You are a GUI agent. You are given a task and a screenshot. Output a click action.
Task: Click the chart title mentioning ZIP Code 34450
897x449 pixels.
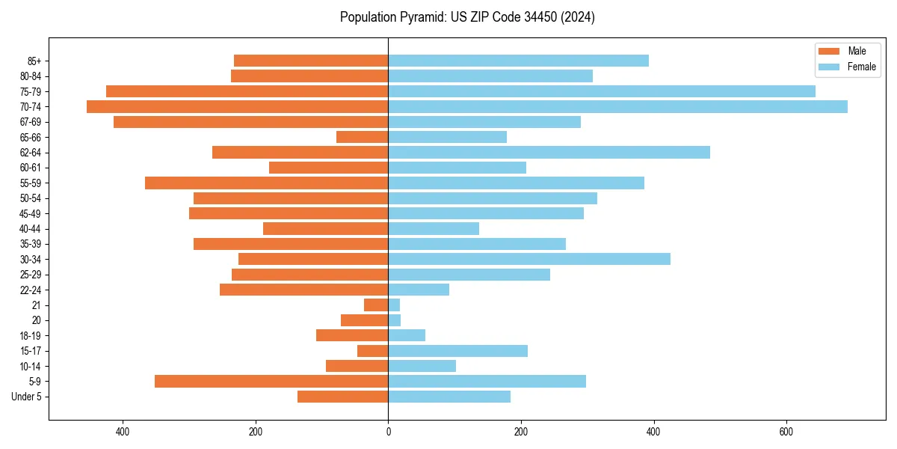click(467, 17)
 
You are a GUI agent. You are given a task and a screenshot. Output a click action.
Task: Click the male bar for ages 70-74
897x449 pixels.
click(238, 106)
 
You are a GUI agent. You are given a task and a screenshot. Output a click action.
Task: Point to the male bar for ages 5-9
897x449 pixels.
click(271, 381)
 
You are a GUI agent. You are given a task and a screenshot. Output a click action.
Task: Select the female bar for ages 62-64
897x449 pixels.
click(549, 152)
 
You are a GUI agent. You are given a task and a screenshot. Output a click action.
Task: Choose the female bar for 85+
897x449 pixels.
click(518, 61)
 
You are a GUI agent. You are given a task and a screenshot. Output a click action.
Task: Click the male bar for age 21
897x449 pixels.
click(376, 305)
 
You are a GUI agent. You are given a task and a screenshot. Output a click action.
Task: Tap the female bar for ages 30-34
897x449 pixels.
click(529, 259)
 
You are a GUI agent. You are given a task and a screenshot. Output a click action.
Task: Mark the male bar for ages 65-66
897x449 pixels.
click(363, 137)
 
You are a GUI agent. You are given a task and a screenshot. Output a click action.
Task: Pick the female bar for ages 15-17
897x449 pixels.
click(457, 350)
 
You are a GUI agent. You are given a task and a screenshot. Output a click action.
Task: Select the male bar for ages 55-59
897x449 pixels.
click(267, 183)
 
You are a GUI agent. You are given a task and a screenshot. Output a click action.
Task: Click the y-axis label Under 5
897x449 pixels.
click(26, 397)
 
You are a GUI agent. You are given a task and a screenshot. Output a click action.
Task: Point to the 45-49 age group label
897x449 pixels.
click(31, 213)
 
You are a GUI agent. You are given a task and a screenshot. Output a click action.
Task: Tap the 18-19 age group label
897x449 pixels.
click(31, 335)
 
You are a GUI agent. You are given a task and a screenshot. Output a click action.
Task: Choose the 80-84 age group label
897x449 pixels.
click(31, 76)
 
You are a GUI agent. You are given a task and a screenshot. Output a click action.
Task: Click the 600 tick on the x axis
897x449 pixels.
click(786, 432)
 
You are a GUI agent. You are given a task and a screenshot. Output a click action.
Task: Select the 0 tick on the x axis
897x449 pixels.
click(388, 432)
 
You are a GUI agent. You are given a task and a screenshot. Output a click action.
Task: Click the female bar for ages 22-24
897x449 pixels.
click(419, 290)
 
